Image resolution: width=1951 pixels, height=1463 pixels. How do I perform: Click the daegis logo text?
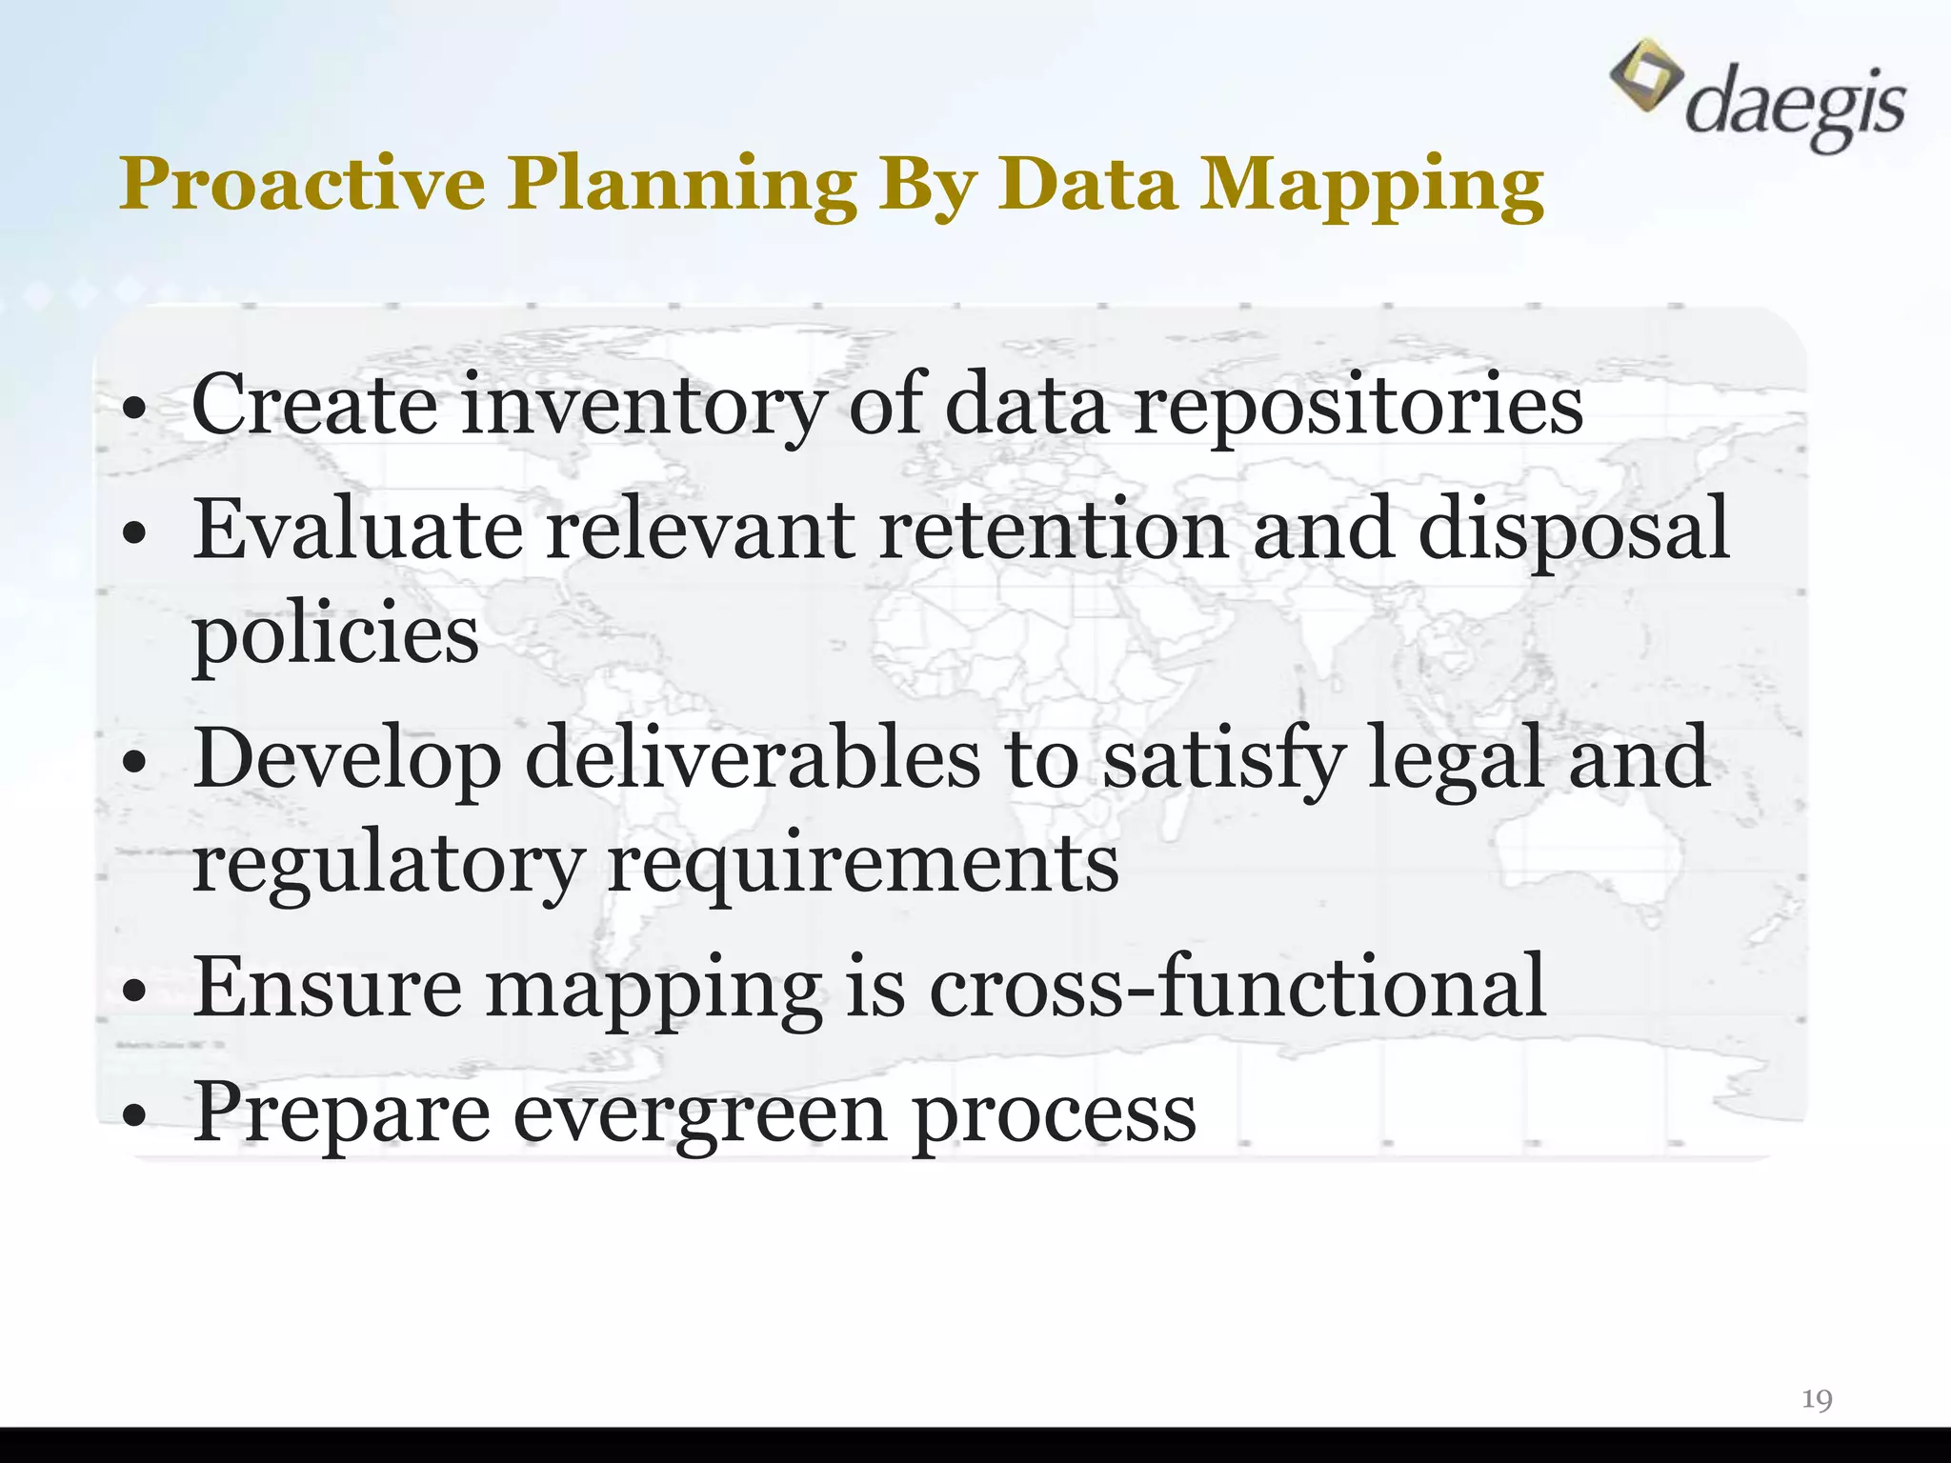[x=1795, y=105]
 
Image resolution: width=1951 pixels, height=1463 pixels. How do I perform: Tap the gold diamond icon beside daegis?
[x=1645, y=74]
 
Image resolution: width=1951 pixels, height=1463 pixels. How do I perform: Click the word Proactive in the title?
[x=302, y=184]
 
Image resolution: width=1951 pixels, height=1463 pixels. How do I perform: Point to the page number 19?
[x=1817, y=1399]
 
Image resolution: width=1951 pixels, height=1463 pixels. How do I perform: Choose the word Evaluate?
[x=357, y=530]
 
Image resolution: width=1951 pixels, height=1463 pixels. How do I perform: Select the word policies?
[x=335, y=636]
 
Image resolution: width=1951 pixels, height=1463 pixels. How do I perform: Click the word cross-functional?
[x=1237, y=987]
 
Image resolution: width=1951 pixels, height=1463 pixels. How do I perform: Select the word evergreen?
[x=700, y=1115]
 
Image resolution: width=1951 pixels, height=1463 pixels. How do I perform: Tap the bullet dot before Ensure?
[x=135, y=992]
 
